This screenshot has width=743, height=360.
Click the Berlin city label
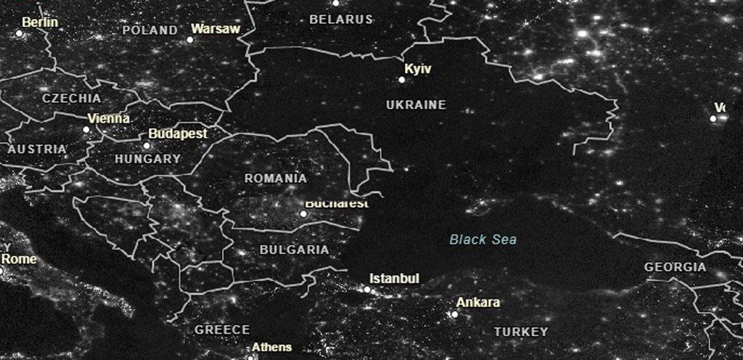point(40,22)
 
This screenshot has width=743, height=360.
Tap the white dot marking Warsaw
point(190,39)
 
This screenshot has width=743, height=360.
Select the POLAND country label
point(149,30)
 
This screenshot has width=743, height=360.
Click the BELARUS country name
point(341,20)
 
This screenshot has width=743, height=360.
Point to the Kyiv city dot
point(402,80)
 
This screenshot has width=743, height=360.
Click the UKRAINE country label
point(416,105)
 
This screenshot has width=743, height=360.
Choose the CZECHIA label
point(72,98)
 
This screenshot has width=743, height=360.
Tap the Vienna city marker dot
point(86,130)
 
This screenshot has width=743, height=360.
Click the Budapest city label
point(178,134)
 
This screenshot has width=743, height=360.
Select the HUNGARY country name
point(147,158)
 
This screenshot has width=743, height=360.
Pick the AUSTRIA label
point(37,149)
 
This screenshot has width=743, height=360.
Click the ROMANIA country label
point(275,179)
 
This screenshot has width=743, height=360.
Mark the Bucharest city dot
point(304,213)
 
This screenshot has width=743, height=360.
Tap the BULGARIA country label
point(294,250)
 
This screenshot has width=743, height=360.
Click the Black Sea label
point(483,240)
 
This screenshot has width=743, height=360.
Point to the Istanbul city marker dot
point(367,290)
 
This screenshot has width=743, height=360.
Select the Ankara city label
point(478,303)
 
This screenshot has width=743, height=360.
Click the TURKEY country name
point(521,332)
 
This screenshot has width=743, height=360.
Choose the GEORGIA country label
point(675,267)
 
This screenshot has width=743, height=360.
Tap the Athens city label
point(272,347)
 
